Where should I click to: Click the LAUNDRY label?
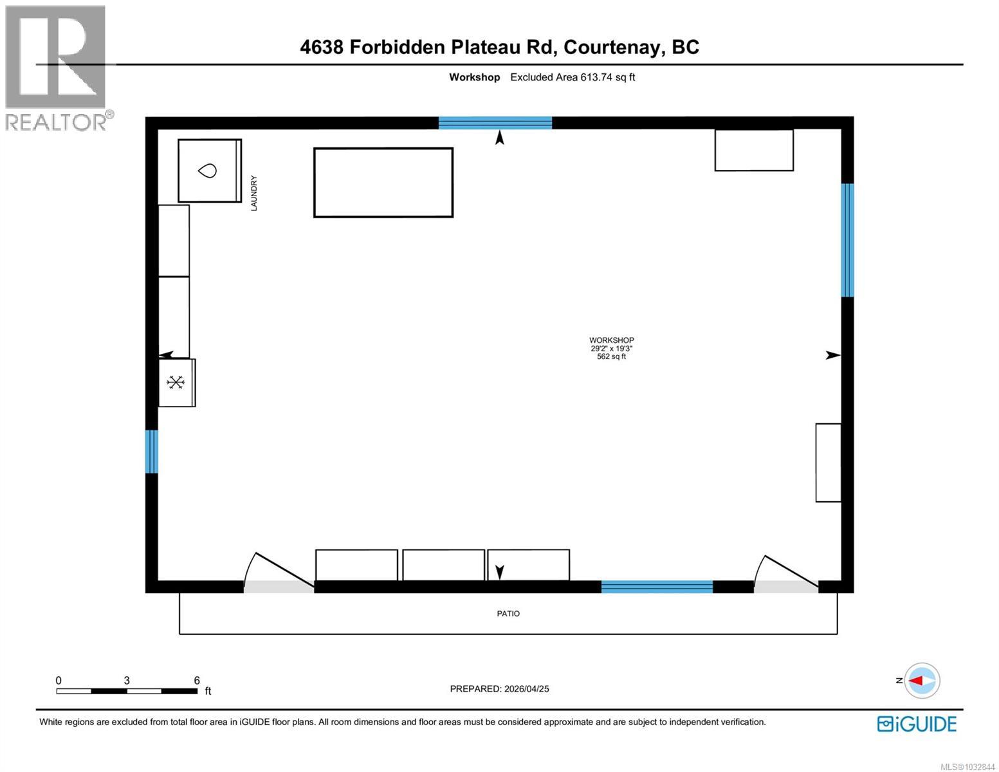253,193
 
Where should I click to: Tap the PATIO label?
508,614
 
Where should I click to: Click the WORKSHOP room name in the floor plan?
611,340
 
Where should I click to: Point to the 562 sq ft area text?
611,356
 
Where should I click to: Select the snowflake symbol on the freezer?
176,383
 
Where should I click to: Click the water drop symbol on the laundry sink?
207,170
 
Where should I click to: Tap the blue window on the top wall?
495,123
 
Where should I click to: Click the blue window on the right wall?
848,240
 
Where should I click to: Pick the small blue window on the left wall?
151,451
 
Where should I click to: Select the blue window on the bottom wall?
657,586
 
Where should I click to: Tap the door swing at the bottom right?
786,573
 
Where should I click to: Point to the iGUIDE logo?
917,724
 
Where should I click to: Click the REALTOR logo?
57,68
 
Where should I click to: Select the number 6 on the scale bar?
197,681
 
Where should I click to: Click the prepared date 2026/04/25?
526,689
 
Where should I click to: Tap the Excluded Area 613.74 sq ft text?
573,77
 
